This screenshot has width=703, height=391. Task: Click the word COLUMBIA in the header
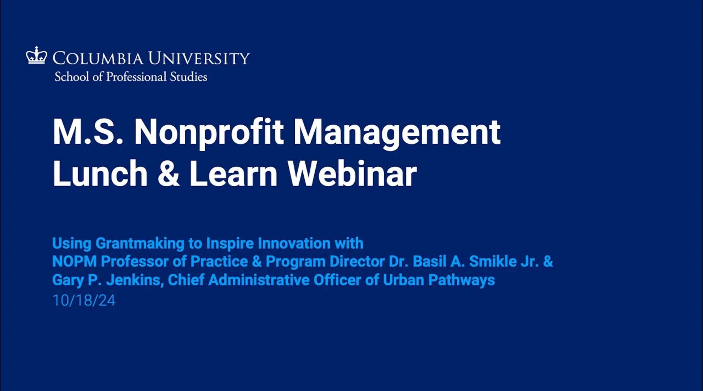point(98,58)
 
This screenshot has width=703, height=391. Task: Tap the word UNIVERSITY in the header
point(199,58)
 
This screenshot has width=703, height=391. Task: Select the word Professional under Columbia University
point(136,77)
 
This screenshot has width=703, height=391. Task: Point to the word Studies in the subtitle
point(189,77)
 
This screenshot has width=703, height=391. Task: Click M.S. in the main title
point(88,132)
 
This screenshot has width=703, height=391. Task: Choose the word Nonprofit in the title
point(209,133)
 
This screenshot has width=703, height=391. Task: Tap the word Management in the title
point(397,133)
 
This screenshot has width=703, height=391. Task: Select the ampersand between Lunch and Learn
point(169,173)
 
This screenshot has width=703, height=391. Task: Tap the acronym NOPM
point(74,261)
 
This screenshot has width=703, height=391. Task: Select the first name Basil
point(429,261)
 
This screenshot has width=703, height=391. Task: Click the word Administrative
point(259,280)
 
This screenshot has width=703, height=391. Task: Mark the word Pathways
point(461,280)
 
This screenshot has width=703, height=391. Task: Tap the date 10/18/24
point(84,301)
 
